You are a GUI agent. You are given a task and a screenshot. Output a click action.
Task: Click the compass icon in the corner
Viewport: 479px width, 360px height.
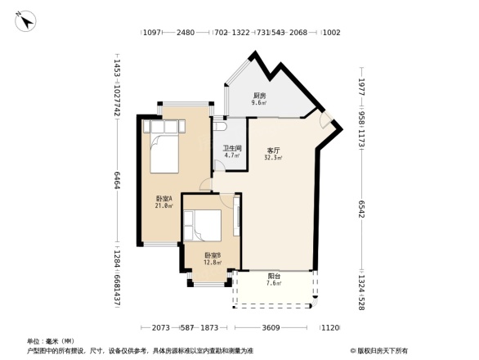[x=25, y=20]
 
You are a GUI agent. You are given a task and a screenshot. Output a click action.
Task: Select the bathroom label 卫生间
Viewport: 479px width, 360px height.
[x=231, y=148]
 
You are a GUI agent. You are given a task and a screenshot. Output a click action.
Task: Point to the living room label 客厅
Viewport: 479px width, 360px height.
[x=273, y=151]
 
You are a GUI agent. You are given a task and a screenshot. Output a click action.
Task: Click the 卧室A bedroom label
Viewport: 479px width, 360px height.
[x=164, y=199]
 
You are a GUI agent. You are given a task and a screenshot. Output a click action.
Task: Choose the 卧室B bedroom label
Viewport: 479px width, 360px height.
[x=212, y=255]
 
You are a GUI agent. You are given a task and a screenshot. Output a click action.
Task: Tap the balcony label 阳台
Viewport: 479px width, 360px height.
[x=275, y=276]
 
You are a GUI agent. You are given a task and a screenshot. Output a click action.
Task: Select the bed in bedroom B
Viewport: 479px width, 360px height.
[x=203, y=225]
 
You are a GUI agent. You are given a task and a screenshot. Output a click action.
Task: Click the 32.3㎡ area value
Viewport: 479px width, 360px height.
[x=273, y=158]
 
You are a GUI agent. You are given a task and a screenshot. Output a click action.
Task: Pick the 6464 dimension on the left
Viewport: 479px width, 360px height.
[x=118, y=180]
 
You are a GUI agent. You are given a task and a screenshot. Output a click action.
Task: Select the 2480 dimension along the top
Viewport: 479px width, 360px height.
[x=186, y=33]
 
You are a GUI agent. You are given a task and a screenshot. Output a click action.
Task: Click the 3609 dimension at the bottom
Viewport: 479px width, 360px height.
[x=271, y=327]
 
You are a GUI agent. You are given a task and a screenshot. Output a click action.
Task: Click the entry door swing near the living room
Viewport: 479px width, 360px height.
[x=327, y=122]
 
